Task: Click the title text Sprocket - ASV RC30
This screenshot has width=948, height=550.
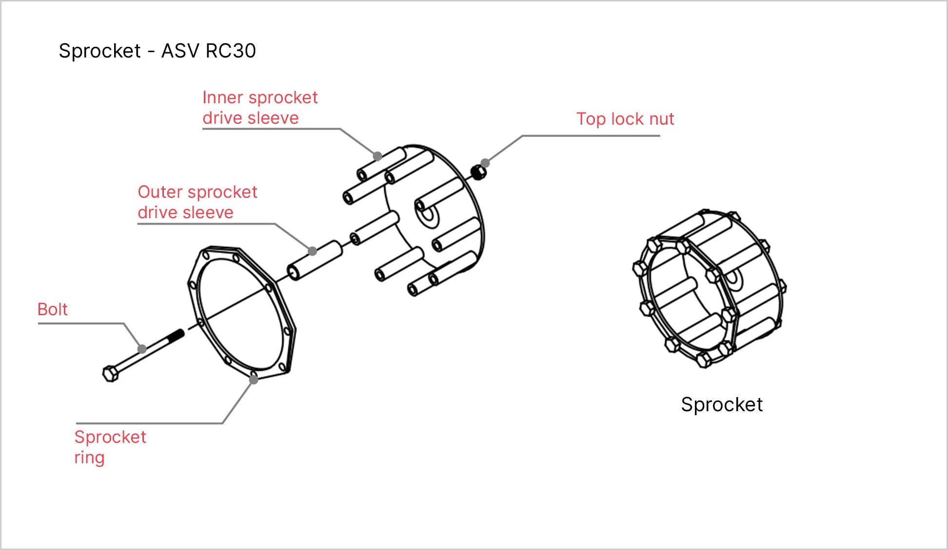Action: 157,51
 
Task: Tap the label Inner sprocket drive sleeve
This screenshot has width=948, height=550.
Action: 259,108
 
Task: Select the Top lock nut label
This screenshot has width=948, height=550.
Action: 625,119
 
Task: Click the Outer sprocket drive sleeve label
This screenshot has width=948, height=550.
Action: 197,202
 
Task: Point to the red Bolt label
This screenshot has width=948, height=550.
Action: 53,309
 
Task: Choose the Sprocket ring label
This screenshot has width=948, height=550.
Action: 110,447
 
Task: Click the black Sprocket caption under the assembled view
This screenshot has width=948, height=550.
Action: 721,404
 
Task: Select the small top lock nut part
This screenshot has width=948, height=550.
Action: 478,172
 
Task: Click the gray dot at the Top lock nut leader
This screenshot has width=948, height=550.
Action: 485,163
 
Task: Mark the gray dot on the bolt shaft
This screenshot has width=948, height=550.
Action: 142,349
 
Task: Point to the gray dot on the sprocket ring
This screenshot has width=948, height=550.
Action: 254,379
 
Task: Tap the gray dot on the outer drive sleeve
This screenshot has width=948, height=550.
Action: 313,251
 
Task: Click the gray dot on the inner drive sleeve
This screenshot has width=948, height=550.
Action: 377,156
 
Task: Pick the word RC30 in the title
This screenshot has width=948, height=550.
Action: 231,51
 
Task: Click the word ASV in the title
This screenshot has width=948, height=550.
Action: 180,51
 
